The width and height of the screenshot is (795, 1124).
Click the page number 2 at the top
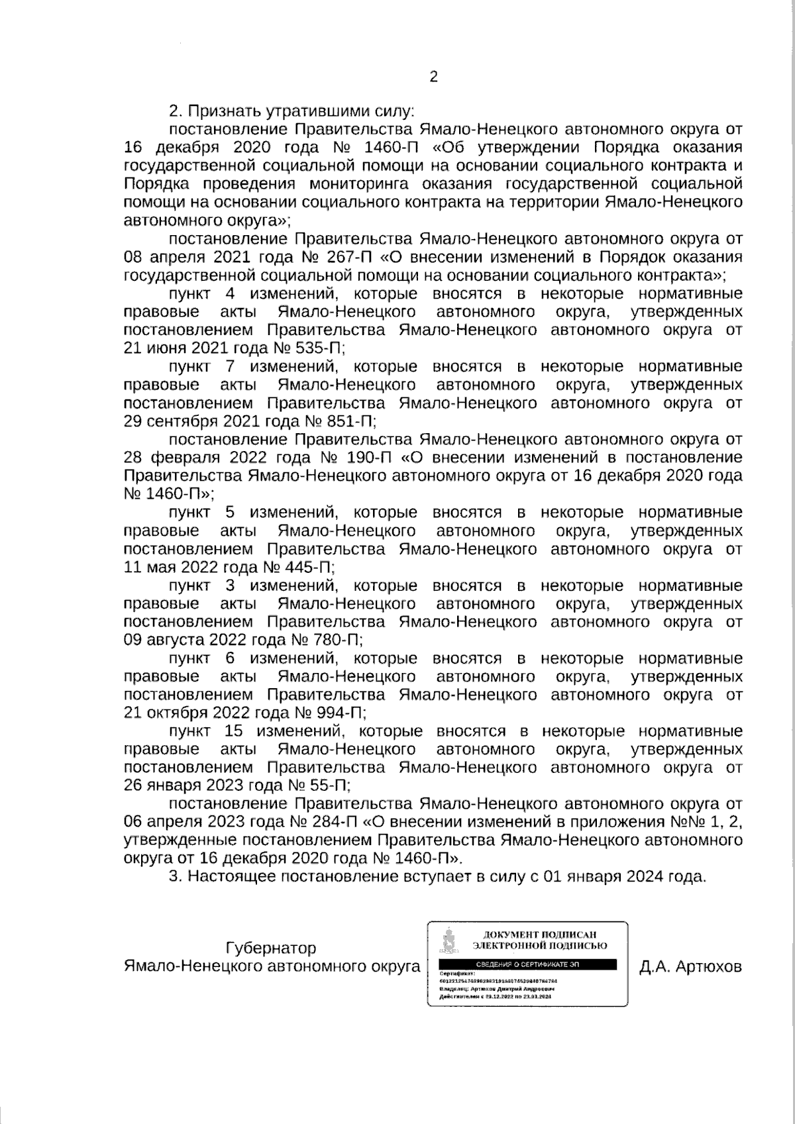coord(434,77)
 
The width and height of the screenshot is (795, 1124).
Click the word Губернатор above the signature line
coord(271,948)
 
